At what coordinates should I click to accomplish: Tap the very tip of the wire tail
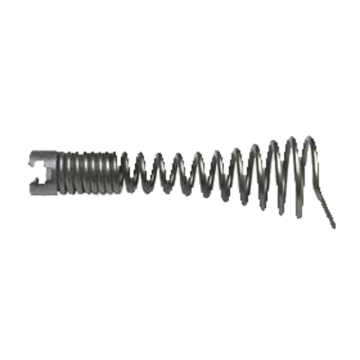pyautogui.click(x=336, y=228)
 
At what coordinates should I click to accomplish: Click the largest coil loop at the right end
pyautogui.click(x=311, y=169)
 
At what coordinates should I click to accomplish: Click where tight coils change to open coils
pyautogui.click(x=130, y=173)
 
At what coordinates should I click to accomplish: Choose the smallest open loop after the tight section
pyautogui.click(x=144, y=173)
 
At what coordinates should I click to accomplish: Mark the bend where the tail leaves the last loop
pyautogui.click(x=318, y=189)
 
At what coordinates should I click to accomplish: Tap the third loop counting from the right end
pyautogui.click(x=274, y=171)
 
